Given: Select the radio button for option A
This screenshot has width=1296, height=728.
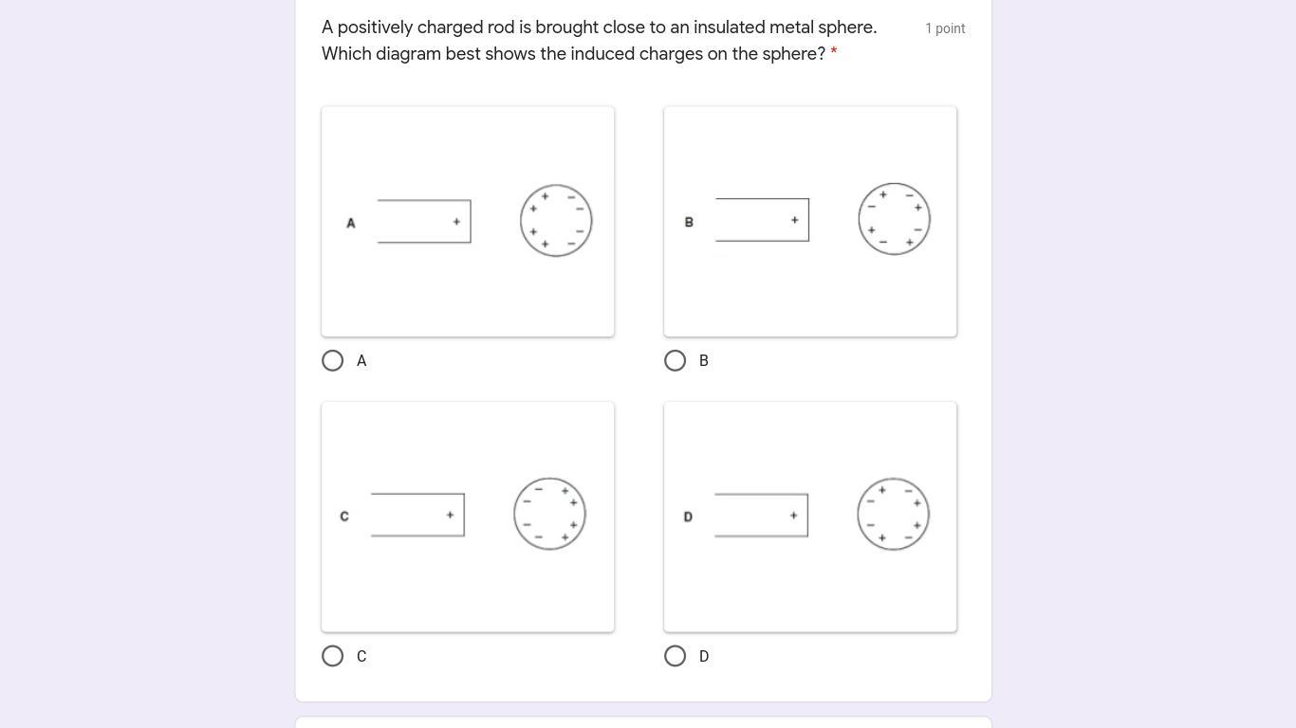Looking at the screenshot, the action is [x=333, y=361].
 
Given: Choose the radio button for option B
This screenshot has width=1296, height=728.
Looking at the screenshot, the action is [x=676, y=361].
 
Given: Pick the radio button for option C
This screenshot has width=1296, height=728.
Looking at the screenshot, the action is [x=333, y=656].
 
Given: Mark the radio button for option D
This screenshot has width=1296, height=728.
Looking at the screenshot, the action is [x=676, y=656].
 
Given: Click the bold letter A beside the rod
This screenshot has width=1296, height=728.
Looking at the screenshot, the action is [x=351, y=223].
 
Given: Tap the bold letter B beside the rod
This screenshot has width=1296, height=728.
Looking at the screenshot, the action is [x=689, y=222].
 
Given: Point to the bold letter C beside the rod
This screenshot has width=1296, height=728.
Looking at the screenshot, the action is [x=344, y=516].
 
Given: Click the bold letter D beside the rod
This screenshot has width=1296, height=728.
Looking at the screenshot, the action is [x=688, y=517].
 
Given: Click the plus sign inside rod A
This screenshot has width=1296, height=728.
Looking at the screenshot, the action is [x=456, y=222].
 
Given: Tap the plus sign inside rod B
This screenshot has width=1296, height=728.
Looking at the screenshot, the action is [x=794, y=220].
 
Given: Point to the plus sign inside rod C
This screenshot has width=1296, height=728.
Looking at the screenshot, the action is [x=450, y=515].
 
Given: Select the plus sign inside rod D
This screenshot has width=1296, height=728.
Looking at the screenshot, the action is [x=793, y=516].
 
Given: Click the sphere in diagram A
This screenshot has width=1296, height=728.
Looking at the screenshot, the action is [x=521, y=221].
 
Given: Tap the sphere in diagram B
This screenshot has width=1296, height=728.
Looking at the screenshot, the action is [x=860, y=219].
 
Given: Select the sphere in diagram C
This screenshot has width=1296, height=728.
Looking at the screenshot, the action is [x=514, y=514].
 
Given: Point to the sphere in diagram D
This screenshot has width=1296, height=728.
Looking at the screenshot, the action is [x=858, y=514].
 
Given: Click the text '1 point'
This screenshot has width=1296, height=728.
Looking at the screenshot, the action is [x=945, y=28].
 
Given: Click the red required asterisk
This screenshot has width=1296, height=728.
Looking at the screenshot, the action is [x=834, y=52].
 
